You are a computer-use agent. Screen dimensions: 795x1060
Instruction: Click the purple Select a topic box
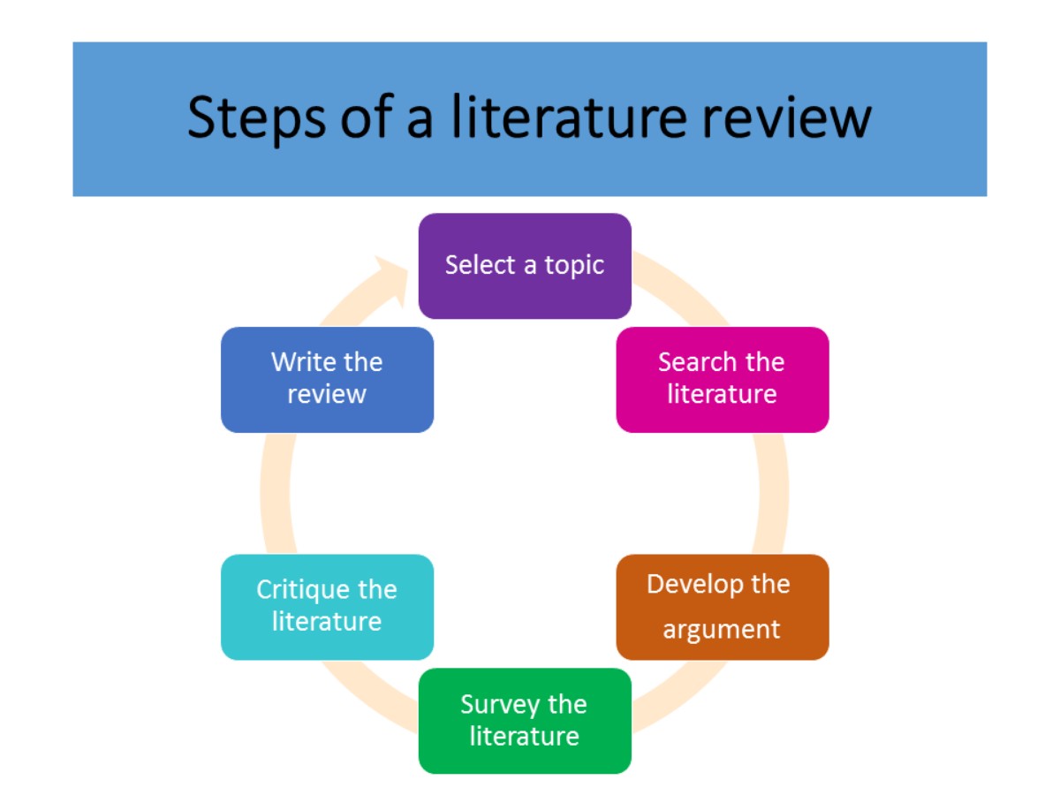(525, 265)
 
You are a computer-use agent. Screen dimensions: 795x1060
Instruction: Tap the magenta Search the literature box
(722, 379)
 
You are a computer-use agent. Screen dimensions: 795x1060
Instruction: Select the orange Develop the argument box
(722, 607)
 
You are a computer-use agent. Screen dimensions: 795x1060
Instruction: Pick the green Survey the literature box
(525, 721)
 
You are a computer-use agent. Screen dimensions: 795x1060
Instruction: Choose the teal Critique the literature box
(327, 607)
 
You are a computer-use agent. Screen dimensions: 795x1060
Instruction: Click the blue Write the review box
(327, 379)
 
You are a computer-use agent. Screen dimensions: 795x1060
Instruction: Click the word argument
(721, 630)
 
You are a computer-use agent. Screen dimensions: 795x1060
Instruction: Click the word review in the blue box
(326, 395)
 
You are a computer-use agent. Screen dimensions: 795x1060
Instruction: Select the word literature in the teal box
(326, 622)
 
